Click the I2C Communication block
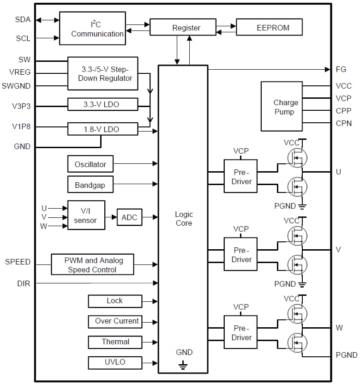coord(92,29)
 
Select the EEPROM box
coord(270,28)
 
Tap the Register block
coord(183,28)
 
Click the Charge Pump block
coord(282,107)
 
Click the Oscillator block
coord(90,164)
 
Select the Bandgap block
coord(90,185)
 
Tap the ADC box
coord(129,217)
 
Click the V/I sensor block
coord(86,215)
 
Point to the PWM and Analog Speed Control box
coord(93,265)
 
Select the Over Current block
coord(115,321)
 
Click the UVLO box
coord(115,362)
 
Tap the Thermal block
coord(115,342)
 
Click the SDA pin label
coord(23,19)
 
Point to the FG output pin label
coord(341,70)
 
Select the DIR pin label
coord(24,283)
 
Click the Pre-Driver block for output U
coord(240,177)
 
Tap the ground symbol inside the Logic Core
coord(183,366)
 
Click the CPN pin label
coord(344,123)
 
